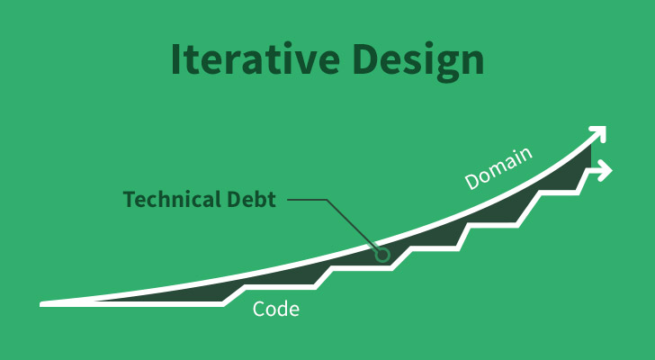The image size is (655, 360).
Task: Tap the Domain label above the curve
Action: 498,168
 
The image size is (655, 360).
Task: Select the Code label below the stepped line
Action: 276,310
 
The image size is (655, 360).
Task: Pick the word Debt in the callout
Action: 251,199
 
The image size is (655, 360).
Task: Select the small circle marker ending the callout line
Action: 382,256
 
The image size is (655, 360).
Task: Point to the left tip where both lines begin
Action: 43,304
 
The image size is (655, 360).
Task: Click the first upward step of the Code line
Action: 236,295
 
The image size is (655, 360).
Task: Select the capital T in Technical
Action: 129,199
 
